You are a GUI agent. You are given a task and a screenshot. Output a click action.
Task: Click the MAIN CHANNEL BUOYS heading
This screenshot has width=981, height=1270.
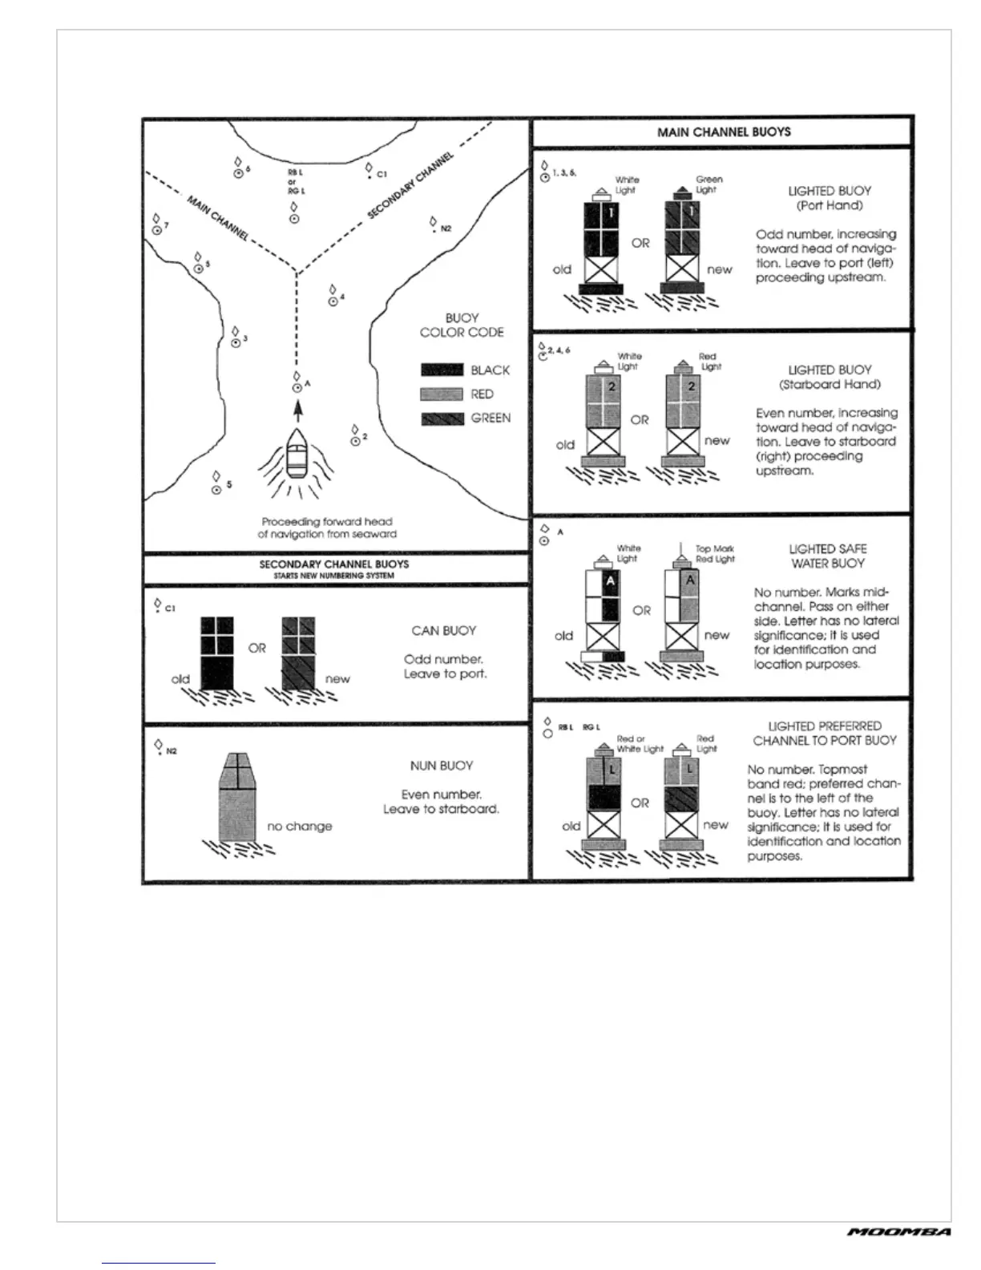723,131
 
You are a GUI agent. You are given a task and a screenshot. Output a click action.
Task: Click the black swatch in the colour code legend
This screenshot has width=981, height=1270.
442,370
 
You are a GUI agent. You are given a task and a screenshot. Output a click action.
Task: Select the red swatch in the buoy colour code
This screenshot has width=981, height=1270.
442,394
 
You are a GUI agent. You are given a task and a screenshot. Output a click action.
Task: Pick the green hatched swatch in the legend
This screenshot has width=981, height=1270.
442,418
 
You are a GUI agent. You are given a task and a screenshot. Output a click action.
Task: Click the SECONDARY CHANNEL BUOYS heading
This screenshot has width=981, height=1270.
334,564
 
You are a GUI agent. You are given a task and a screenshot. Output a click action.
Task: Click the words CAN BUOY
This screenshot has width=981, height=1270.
443,631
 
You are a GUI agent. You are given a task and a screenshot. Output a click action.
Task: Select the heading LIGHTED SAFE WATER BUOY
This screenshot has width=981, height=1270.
827,556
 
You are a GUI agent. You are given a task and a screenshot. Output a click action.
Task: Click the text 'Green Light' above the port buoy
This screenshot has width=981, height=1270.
708,184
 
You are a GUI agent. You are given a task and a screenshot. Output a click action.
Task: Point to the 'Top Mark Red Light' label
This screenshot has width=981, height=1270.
715,554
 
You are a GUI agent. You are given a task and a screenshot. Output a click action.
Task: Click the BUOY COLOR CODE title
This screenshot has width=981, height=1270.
462,325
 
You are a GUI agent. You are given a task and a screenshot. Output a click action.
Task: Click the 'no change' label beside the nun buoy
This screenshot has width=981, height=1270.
299,826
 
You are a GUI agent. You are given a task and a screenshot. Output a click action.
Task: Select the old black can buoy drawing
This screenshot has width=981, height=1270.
216,653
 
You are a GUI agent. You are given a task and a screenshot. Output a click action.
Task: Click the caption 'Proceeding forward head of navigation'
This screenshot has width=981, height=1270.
327,528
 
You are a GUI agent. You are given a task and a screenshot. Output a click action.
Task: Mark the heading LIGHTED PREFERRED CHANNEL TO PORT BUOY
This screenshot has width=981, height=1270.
824,733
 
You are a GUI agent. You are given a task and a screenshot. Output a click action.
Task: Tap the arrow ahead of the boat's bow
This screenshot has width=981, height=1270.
298,411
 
